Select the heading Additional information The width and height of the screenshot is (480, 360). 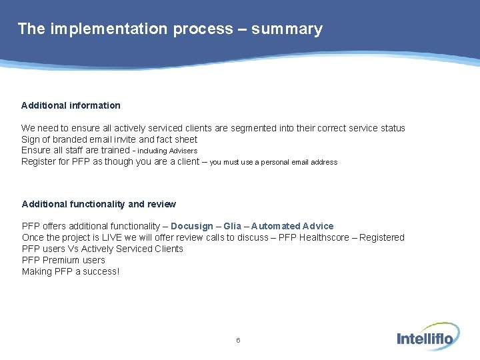click(71, 105)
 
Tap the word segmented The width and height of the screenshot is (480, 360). click(256, 128)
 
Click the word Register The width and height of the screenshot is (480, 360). click(37, 162)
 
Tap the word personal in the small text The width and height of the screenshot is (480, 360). click(274, 162)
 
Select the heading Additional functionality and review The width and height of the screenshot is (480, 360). click(99, 204)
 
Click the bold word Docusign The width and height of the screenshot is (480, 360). click(193, 227)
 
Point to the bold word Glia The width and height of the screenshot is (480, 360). click(233, 227)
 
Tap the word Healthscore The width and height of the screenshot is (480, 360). click(325, 238)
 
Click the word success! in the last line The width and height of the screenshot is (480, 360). click(101, 272)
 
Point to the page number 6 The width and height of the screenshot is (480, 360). click(238, 341)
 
